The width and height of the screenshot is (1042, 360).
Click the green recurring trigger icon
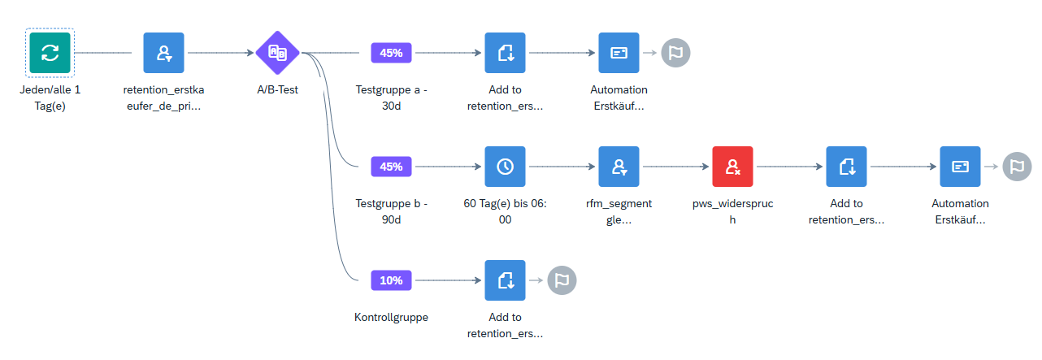tap(50, 53)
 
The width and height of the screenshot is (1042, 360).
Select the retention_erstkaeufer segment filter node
tap(163, 53)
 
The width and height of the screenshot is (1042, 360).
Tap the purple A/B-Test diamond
tap(277, 53)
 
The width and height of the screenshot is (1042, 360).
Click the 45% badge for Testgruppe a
tap(391, 53)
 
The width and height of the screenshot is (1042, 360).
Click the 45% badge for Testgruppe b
tap(391, 167)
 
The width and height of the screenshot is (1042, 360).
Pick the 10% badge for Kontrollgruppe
tap(391, 280)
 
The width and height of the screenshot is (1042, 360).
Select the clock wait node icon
tap(505, 167)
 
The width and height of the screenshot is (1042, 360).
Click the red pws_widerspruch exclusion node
tap(732, 167)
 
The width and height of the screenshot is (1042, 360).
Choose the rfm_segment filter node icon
tap(619, 167)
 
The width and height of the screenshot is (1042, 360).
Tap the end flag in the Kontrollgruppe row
tap(562, 280)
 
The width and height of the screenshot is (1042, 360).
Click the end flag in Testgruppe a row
tap(675, 53)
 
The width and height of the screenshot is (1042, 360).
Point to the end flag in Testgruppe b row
tap(1017, 167)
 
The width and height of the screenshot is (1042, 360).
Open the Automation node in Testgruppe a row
tap(619, 53)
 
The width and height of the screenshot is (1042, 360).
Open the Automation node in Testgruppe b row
tap(960, 167)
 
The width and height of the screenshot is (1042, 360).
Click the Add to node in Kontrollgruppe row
tap(505, 280)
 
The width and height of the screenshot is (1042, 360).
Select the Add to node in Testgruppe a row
tap(505, 53)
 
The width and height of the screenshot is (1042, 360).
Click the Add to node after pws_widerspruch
tap(846, 167)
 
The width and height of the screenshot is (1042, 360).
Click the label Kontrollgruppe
tap(391, 317)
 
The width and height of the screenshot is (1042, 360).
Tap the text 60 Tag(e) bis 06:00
tap(505, 211)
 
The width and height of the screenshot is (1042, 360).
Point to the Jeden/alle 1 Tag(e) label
tap(50, 98)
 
